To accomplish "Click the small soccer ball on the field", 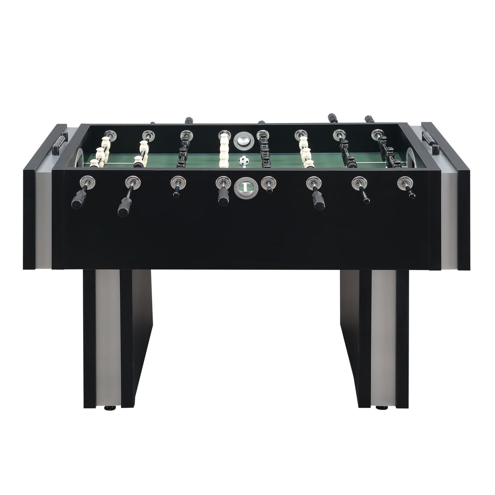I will [x=243, y=161].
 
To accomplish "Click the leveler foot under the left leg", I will [x=113, y=408].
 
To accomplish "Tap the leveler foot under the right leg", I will [x=379, y=408].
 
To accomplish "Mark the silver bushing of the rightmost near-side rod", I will [x=404, y=182].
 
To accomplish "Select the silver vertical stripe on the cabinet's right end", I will [x=450, y=219].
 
